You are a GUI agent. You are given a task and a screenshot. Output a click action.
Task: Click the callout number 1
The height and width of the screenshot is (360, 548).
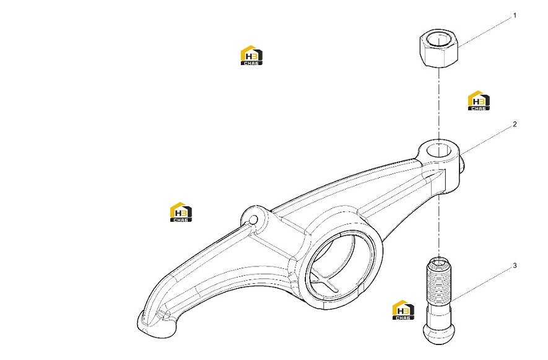(515, 15)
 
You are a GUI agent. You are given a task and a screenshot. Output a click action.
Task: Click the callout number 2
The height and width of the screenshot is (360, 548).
(515, 124)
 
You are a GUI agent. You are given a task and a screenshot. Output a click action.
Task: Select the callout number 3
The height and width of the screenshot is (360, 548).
(515, 266)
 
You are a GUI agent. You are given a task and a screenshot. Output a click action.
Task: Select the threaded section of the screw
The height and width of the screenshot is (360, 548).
(438, 282)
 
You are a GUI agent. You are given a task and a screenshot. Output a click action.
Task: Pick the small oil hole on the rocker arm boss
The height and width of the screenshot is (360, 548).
(253, 220)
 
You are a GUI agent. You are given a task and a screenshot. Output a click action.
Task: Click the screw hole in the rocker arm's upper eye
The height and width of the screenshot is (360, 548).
(438, 150)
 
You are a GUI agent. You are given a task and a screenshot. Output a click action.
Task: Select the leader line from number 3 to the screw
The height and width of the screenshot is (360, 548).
(482, 284)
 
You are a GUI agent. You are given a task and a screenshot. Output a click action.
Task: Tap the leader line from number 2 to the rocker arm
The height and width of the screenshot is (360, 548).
(486, 141)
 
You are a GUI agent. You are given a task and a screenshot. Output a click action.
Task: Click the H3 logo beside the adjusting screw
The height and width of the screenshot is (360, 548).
(403, 310)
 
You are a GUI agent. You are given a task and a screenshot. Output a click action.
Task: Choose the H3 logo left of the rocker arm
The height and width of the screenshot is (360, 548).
(181, 212)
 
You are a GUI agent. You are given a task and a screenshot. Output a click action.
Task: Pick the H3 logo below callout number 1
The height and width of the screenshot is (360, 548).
(479, 101)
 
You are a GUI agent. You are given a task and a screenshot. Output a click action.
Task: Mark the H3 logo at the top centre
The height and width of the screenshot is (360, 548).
(251, 55)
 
